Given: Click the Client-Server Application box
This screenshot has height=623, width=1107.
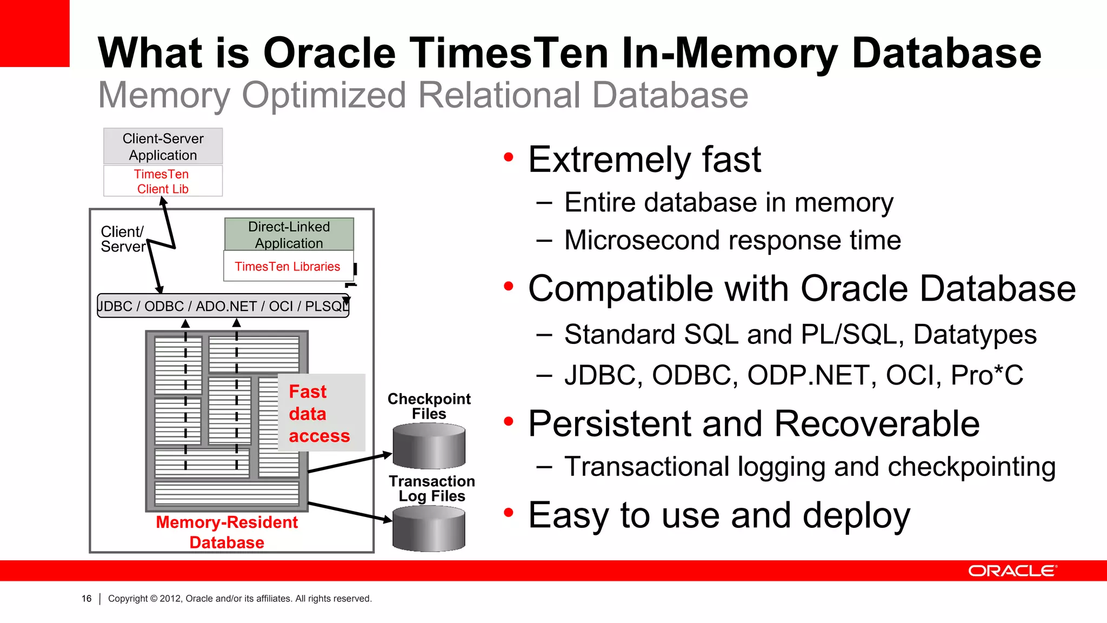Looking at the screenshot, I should tap(163, 147).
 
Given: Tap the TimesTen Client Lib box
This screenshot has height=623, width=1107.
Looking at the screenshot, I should tap(163, 181).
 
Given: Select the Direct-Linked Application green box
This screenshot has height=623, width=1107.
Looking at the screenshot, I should tap(289, 235).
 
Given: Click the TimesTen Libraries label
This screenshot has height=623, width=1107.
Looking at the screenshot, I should tap(287, 267).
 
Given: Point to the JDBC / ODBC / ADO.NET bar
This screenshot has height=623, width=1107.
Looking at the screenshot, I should tap(223, 306).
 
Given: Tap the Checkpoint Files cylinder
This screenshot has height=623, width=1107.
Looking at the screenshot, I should tap(429, 446).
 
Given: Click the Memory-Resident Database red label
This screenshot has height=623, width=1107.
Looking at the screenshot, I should tap(226, 532).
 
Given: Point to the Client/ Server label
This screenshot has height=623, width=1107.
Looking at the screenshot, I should tap(123, 239).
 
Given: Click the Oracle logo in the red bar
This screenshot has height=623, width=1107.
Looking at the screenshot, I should tap(1012, 571).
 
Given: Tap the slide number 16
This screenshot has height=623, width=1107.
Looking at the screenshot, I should tap(86, 599).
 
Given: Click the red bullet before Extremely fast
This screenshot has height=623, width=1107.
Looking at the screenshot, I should tap(508, 157).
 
